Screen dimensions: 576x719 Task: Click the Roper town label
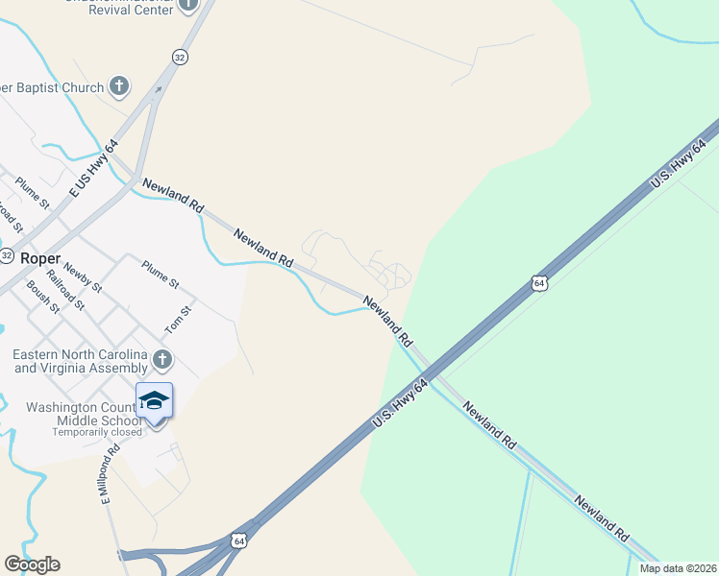tap(39, 258)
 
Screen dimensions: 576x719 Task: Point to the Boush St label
tap(44, 297)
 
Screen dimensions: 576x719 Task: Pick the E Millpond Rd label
tap(107, 475)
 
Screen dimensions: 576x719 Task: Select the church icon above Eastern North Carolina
tap(162, 360)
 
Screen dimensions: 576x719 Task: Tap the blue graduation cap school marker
tap(154, 399)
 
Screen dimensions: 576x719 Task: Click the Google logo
tap(32, 564)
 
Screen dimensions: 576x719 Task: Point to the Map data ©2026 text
tap(677, 568)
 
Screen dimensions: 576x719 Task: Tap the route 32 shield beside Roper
tap(6, 256)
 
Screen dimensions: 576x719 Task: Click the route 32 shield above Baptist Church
tap(179, 58)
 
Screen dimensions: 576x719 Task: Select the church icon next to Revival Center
tap(187, 5)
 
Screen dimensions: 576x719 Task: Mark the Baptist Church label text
tap(52, 88)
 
